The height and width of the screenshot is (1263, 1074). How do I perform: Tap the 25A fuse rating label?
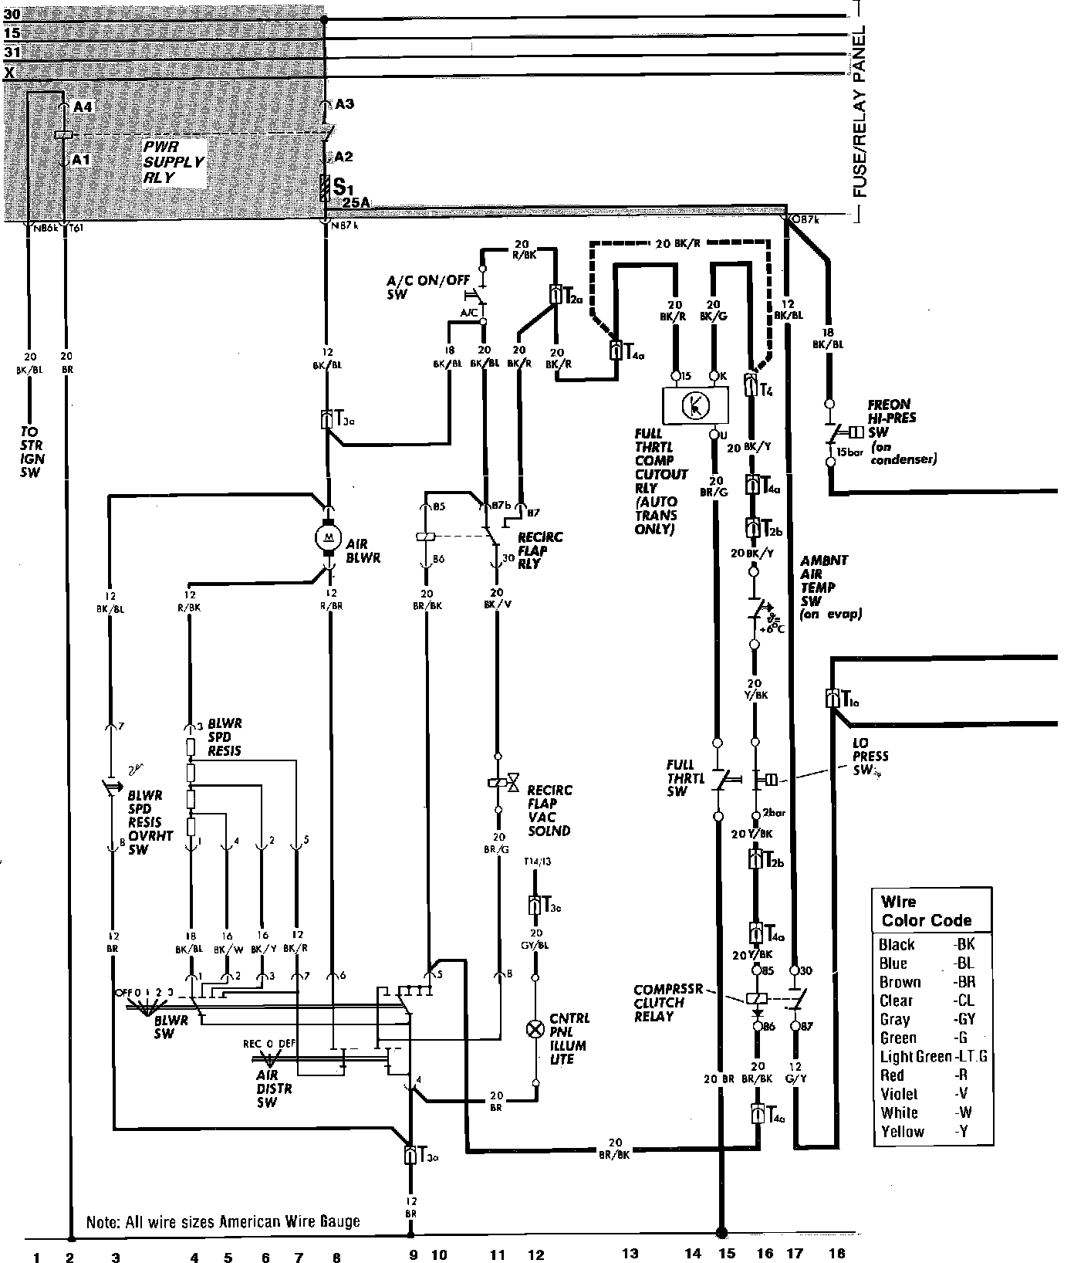pyautogui.click(x=356, y=203)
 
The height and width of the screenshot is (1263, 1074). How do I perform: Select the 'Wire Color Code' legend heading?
pyautogui.click(x=926, y=911)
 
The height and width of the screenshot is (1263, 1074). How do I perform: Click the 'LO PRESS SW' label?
pyautogui.click(x=870, y=757)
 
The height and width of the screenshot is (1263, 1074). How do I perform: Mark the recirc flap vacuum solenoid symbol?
pyautogui.click(x=498, y=783)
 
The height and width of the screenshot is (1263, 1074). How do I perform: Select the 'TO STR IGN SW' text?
pyautogui.click(x=32, y=452)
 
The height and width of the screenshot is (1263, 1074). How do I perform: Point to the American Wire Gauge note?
pyautogui.click(x=223, y=1222)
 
